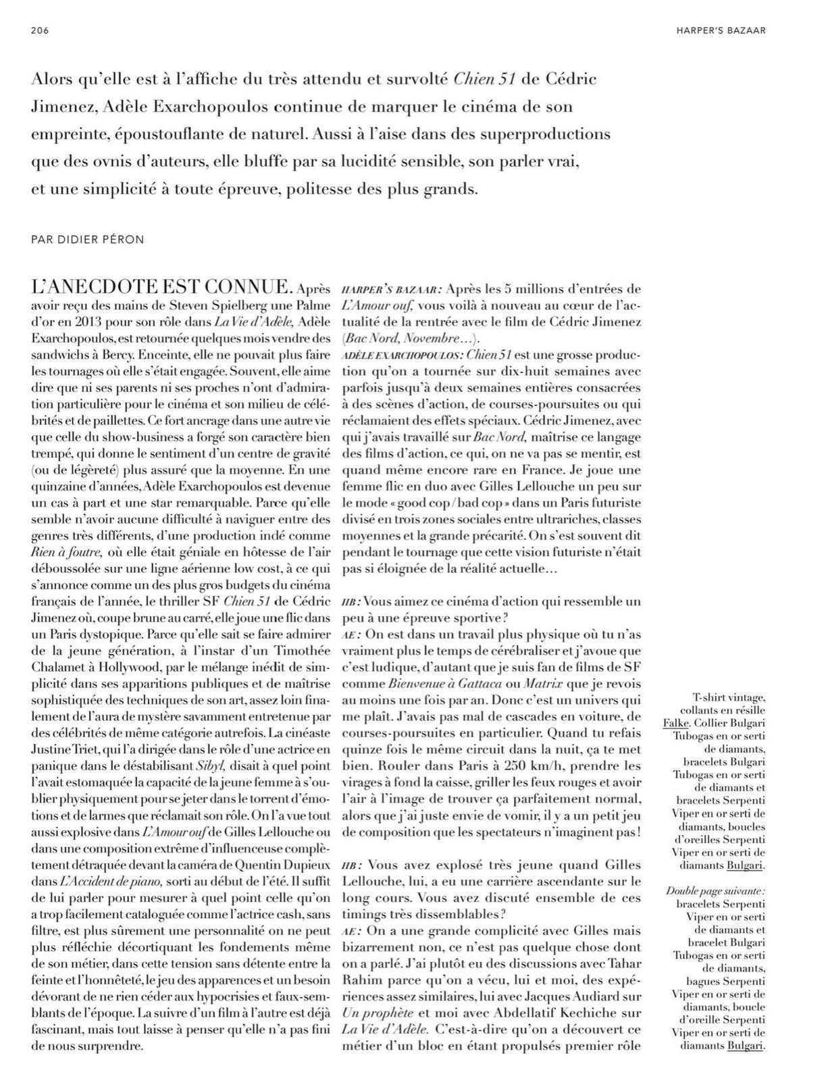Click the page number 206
(41, 30)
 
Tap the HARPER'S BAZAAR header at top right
(721, 30)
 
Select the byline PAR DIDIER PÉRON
(87, 240)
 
